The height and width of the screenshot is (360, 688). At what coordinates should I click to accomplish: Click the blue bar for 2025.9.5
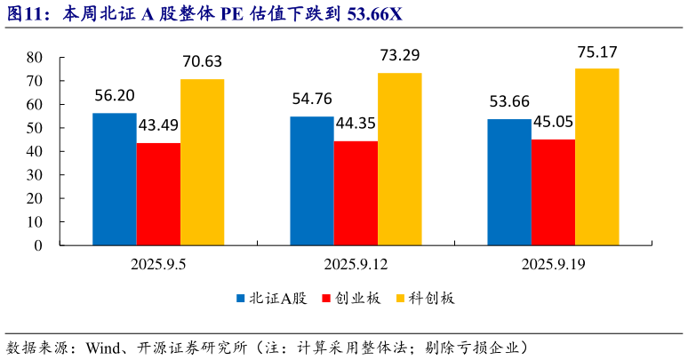pos(115,179)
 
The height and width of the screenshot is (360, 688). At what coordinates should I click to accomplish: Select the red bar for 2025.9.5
pos(158,194)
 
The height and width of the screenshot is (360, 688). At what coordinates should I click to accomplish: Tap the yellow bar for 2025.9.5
pos(202,162)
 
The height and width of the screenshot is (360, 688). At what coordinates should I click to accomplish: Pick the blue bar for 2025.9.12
pos(312,180)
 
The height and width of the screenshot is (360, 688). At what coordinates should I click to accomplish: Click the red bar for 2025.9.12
pos(356,193)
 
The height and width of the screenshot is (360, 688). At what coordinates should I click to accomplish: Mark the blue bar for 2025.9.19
pos(509,182)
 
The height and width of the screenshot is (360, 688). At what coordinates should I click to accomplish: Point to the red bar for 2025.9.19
pos(553,192)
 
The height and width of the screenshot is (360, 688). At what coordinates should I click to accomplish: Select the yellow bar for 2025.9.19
pos(596,156)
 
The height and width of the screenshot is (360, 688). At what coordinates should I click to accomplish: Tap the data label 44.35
pos(356,124)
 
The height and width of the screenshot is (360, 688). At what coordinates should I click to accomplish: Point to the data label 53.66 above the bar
pos(508,101)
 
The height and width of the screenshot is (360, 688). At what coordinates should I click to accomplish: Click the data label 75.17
pos(596,51)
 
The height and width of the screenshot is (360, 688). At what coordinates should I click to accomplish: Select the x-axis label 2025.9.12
pos(354,264)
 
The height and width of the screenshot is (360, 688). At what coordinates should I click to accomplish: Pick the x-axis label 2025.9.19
pos(551,264)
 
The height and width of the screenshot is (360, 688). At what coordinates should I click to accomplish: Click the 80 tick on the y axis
pos(36,57)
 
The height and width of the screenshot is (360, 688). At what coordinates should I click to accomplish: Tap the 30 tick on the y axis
pos(36,175)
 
